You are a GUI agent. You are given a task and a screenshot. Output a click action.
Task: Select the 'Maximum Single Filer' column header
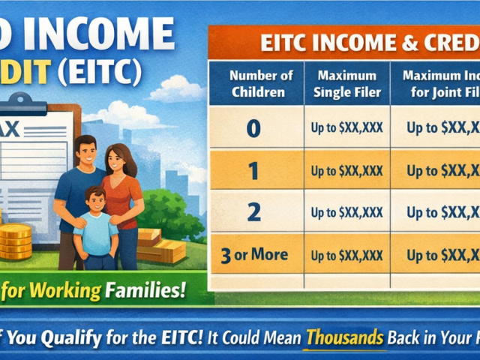[x=346, y=84]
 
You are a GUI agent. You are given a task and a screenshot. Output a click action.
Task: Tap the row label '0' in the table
[x=253, y=128]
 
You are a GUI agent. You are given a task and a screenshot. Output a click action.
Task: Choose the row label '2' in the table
[x=253, y=213]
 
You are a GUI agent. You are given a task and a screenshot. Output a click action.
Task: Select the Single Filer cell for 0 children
[x=346, y=128]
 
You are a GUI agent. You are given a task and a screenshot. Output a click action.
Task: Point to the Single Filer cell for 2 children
[x=346, y=213]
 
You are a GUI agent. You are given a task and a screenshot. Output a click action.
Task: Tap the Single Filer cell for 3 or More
[x=346, y=255]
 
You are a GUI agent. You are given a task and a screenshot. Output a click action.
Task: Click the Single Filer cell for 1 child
[x=346, y=171]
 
